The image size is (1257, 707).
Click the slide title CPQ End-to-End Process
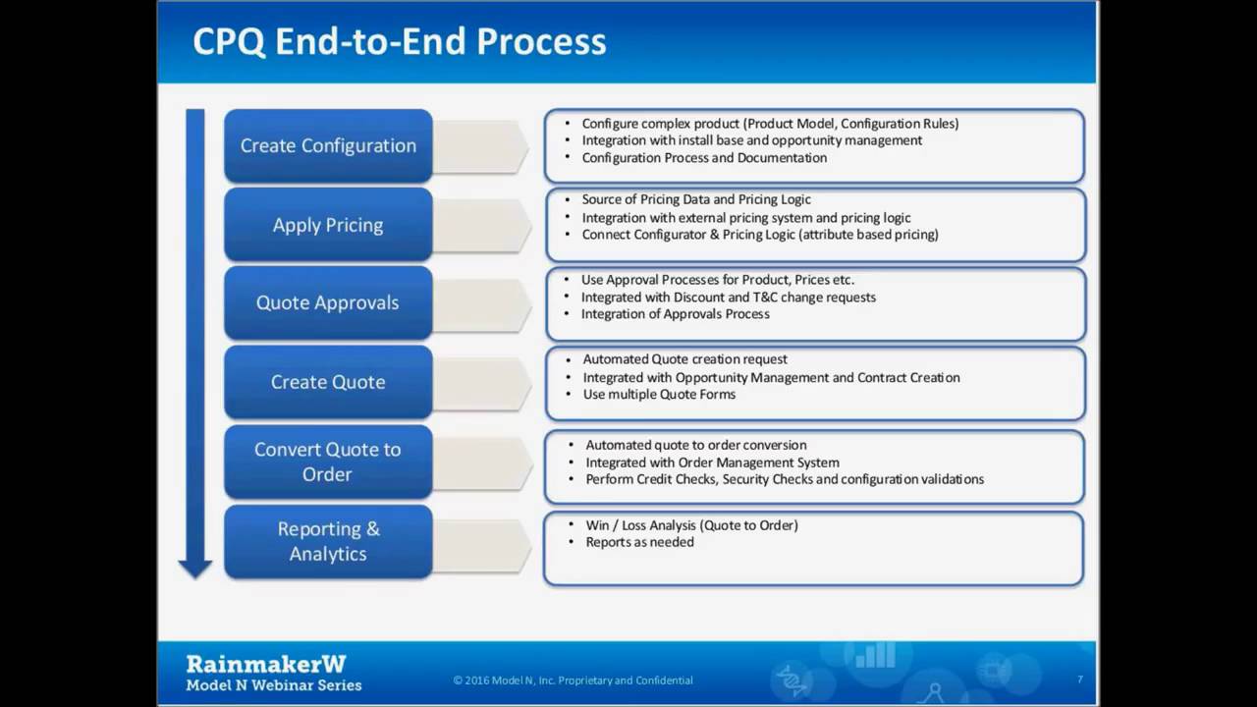[x=399, y=41]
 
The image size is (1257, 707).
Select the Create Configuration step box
[x=328, y=145]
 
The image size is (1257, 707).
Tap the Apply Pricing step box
[x=328, y=225]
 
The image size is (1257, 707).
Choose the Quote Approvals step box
[x=328, y=302]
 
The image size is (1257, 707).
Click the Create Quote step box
[x=328, y=382]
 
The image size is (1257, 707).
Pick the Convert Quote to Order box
[x=328, y=462]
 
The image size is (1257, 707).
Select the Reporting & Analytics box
[x=328, y=541]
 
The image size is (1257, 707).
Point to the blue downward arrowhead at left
[x=195, y=567]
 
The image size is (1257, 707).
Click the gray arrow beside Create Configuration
[x=481, y=146]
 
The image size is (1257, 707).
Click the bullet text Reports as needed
[x=639, y=542]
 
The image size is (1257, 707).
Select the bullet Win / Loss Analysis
[x=691, y=525]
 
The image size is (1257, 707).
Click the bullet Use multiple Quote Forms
[x=659, y=395]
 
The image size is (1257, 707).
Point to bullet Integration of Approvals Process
[x=675, y=314]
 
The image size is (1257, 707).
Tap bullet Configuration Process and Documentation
[x=704, y=158]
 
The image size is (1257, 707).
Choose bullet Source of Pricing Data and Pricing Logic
[x=696, y=200]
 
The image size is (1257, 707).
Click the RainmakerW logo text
[x=266, y=664]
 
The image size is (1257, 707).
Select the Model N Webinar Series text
[x=274, y=685]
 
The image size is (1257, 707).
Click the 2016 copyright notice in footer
[x=573, y=680]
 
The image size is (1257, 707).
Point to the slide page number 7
[x=1080, y=680]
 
